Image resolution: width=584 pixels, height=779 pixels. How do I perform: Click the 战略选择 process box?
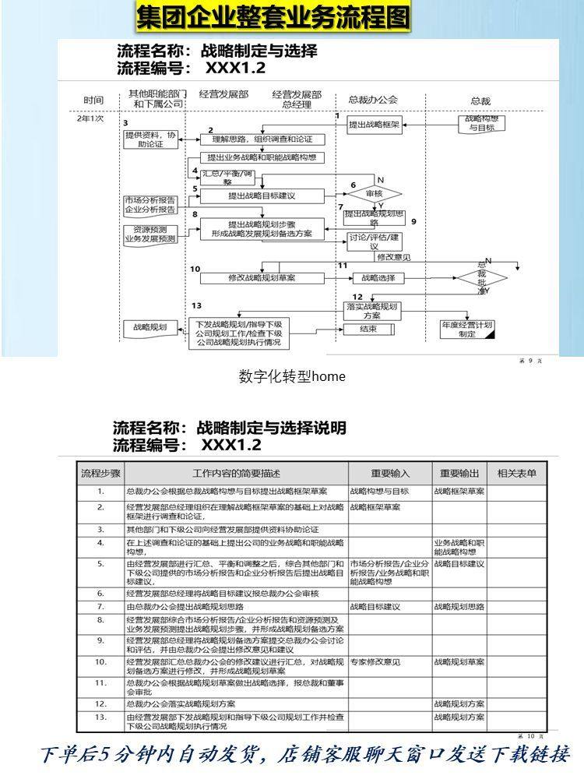pyautogui.click(x=378, y=277)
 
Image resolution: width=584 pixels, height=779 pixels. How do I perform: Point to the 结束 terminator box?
pyautogui.click(x=369, y=329)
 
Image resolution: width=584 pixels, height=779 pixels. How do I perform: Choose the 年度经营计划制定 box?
pyautogui.click(x=467, y=329)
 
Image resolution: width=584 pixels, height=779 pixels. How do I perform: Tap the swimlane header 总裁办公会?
pyautogui.click(x=373, y=100)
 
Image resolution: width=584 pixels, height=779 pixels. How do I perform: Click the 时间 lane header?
pyautogui.click(x=93, y=100)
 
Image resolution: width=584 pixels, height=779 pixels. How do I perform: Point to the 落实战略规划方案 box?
pyautogui.click(x=372, y=311)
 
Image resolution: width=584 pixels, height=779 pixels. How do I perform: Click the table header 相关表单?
pyautogui.click(x=517, y=473)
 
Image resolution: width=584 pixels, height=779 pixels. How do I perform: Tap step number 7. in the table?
pyautogui.click(x=100, y=605)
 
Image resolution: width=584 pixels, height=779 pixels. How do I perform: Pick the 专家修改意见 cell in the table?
pyautogui.click(x=375, y=661)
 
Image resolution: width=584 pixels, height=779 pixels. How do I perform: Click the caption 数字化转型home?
pyautogui.click(x=291, y=377)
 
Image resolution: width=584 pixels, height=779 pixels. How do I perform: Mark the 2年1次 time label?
pyautogui.click(x=90, y=119)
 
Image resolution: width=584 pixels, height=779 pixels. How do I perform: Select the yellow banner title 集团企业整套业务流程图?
pyautogui.click(x=273, y=17)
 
